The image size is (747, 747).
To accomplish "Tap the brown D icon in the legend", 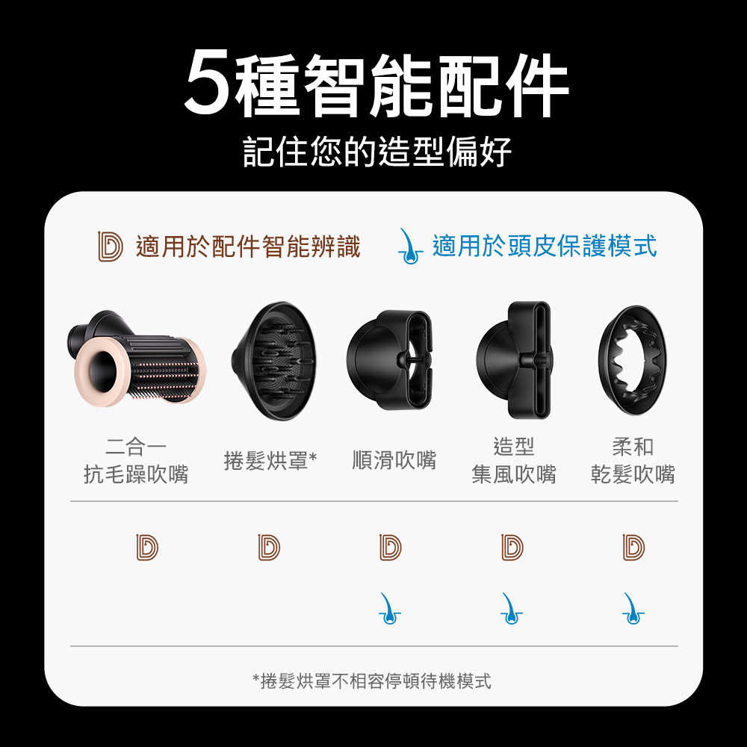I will [110, 246].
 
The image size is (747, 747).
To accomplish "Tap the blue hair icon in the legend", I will [409, 246].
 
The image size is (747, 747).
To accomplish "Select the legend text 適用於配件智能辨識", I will [248, 246].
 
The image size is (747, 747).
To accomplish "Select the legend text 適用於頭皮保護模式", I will [545, 246].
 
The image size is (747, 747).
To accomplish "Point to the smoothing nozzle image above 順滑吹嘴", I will [389, 359].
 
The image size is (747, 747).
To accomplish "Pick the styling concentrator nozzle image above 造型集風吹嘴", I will [515, 359].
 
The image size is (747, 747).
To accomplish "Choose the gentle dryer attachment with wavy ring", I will [633, 359].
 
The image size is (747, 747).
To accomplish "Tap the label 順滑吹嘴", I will [394, 460].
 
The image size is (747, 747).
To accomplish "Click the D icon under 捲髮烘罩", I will [269, 547].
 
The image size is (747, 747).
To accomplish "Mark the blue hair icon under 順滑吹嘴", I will [389, 608].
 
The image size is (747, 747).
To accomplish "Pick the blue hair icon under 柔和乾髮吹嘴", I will [633, 608].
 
